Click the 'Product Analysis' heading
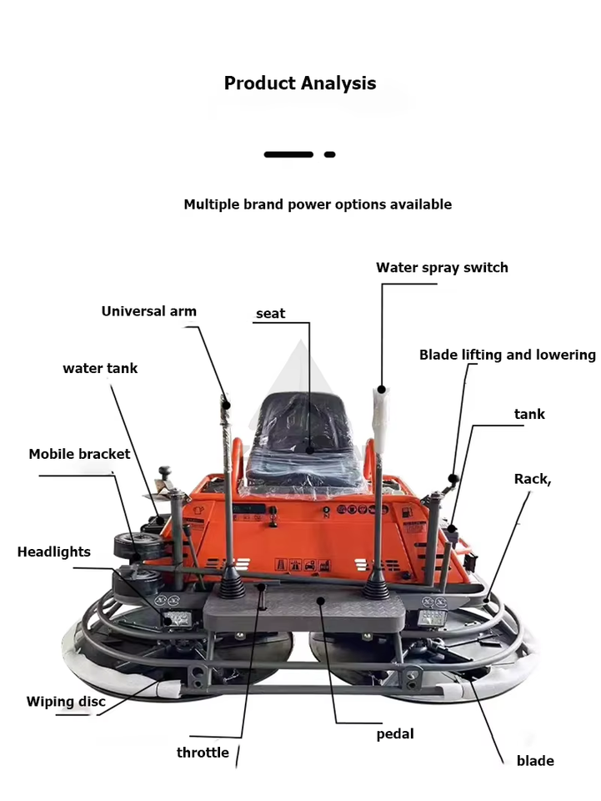click(x=300, y=83)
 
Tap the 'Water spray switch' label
click(x=442, y=268)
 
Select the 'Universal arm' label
click(x=149, y=311)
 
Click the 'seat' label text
click(x=270, y=314)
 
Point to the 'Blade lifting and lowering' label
click(x=507, y=355)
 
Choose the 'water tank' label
click(x=100, y=368)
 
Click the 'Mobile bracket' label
click(x=79, y=454)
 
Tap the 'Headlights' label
click(x=54, y=552)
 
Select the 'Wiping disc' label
click(x=66, y=702)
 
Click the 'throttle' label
click(x=203, y=753)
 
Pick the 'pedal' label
click(x=395, y=734)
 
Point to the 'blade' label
click(x=535, y=760)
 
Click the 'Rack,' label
click(x=533, y=479)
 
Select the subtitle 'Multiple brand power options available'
click(x=318, y=204)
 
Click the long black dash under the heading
click(x=288, y=154)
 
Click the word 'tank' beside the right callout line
click(x=529, y=414)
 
